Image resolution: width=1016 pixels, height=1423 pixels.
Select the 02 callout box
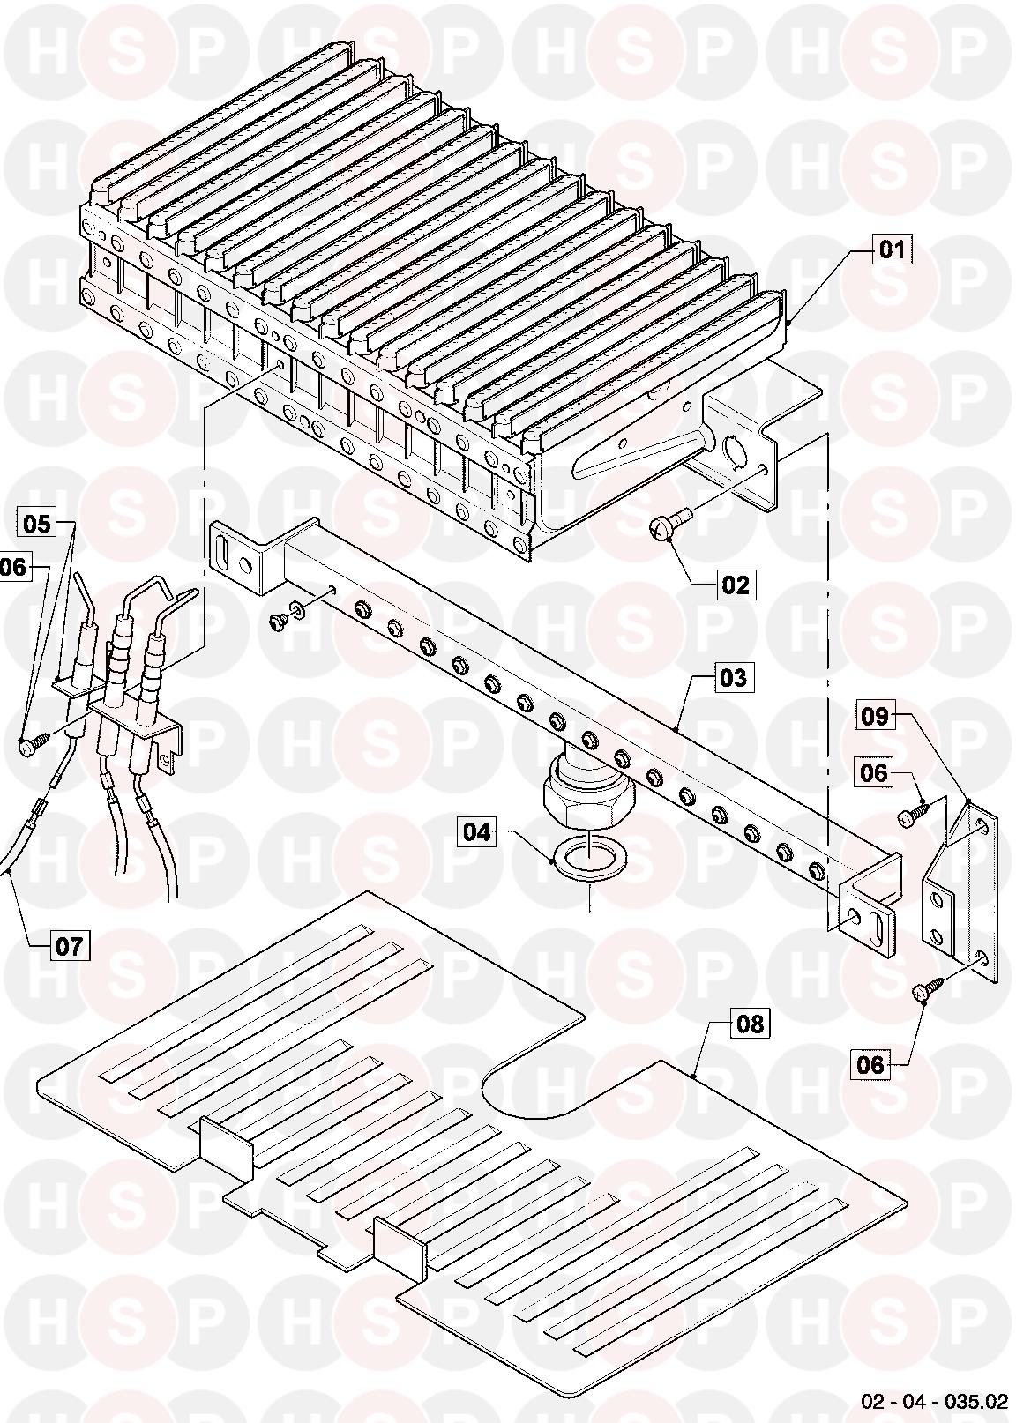coord(735,584)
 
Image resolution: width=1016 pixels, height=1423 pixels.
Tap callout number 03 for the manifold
coord(733,678)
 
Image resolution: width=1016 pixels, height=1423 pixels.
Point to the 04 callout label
coord(477,831)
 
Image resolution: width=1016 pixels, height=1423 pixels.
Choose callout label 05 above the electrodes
coord(36,524)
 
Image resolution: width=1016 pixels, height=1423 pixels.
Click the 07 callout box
coord(70,948)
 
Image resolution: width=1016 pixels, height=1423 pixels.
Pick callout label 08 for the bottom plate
coord(751,1024)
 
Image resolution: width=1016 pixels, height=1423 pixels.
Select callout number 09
coord(874,715)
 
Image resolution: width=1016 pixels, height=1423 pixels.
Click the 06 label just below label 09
coord(874,772)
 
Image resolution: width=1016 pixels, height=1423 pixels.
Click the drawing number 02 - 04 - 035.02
coord(935,1404)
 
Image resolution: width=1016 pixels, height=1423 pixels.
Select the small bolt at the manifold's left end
coord(278,620)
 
